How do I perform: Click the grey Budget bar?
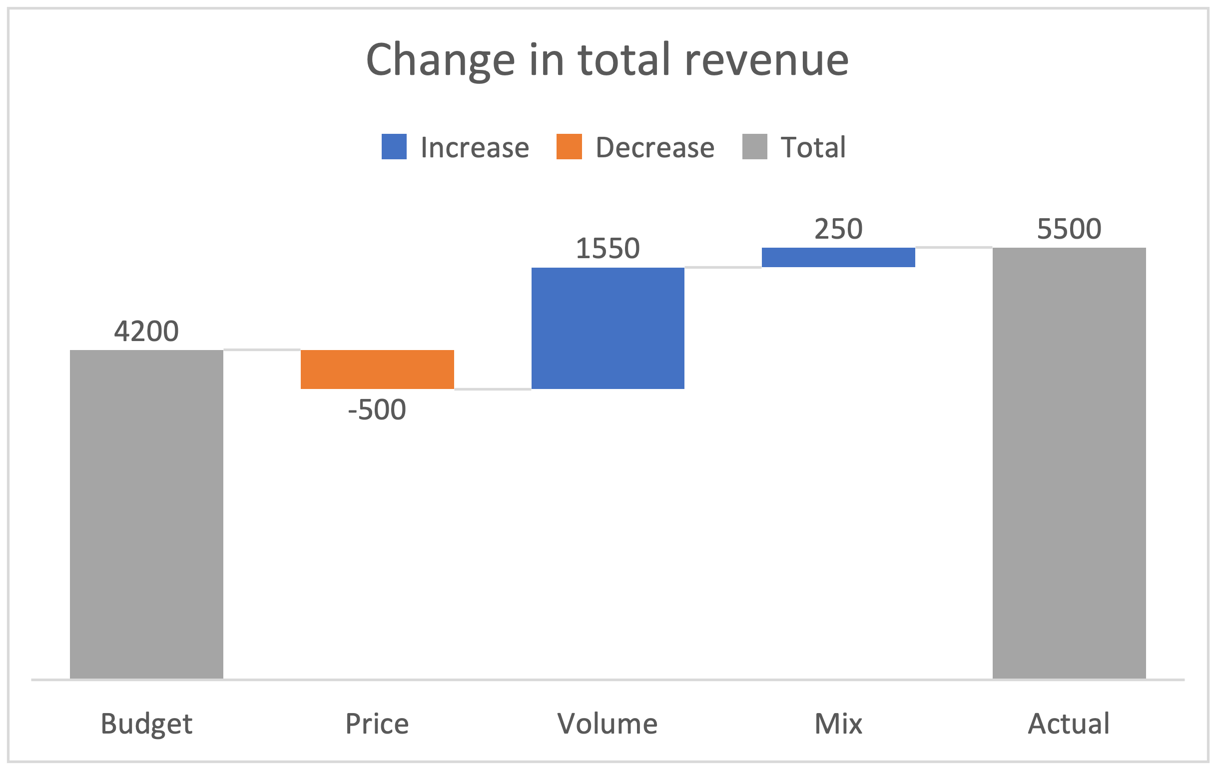tap(146, 514)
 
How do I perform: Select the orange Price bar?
tap(377, 370)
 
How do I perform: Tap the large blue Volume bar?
tap(607, 328)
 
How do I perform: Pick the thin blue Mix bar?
tap(838, 257)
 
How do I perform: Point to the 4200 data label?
tap(146, 331)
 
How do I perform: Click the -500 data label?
tap(377, 409)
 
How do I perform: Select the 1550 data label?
tap(607, 249)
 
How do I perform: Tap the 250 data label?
tap(838, 229)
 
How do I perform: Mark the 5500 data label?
tap(1069, 229)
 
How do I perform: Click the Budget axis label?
tap(146, 724)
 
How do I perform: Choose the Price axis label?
tap(377, 724)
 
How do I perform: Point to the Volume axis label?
tap(607, 724)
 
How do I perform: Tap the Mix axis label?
tap(838, 724)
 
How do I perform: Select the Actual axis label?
tap(1069, 724)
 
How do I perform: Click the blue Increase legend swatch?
tap(394, 147)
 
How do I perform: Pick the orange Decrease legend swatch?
tap(569, 147)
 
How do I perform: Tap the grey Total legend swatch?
tap(754, 147)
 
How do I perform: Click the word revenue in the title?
tap(766, 60)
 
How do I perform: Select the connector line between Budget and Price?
tap(262, 349)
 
